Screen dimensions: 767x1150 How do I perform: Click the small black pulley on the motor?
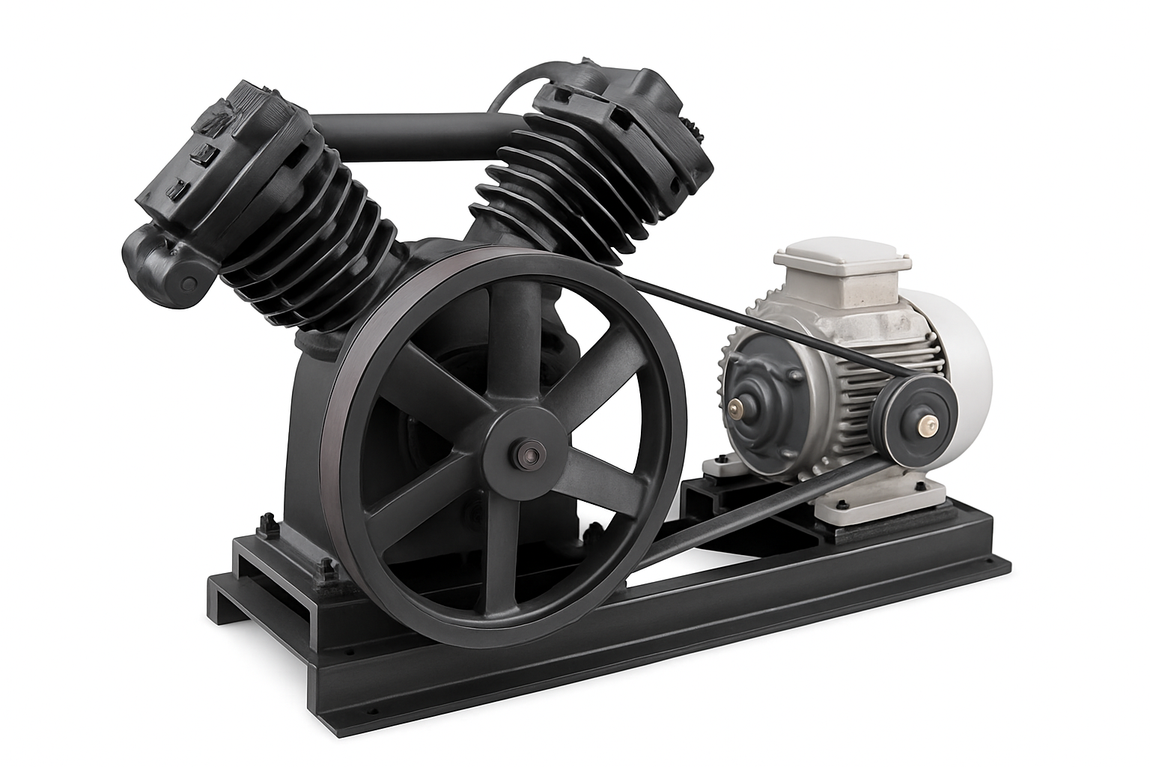910,424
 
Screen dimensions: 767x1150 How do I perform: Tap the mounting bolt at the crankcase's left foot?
267,521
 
